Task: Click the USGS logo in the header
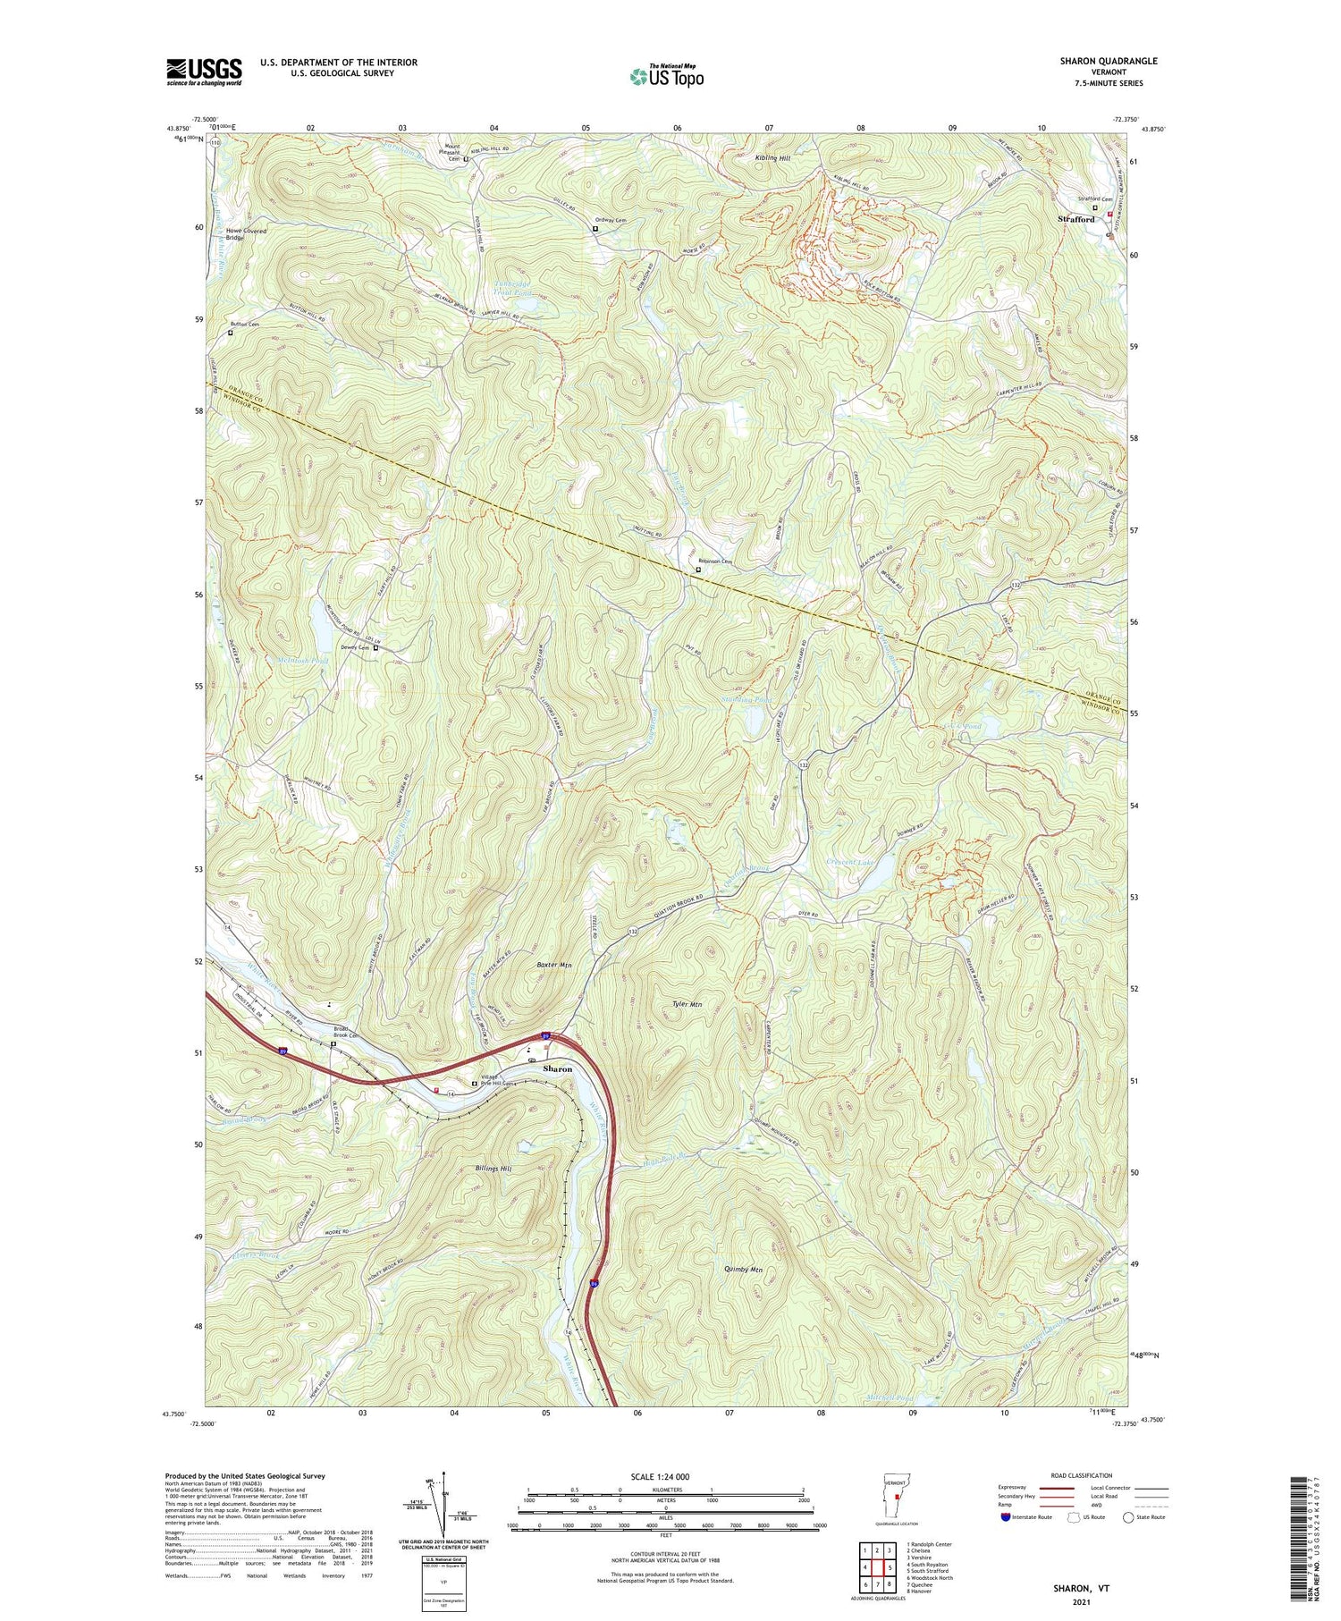204,72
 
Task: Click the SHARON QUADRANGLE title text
1108,61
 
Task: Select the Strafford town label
1075,219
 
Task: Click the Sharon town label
558,1069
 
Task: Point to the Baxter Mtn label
553,966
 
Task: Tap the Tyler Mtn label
687,1005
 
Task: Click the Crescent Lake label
848,863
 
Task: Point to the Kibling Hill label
772,158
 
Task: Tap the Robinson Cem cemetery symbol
699,570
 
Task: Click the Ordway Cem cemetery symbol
595,229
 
